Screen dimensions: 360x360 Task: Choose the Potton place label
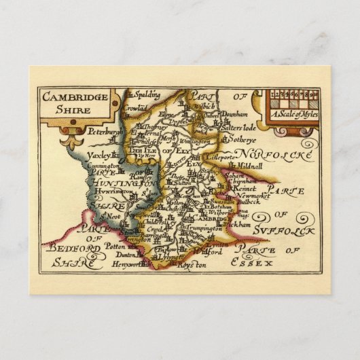(121, 248)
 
